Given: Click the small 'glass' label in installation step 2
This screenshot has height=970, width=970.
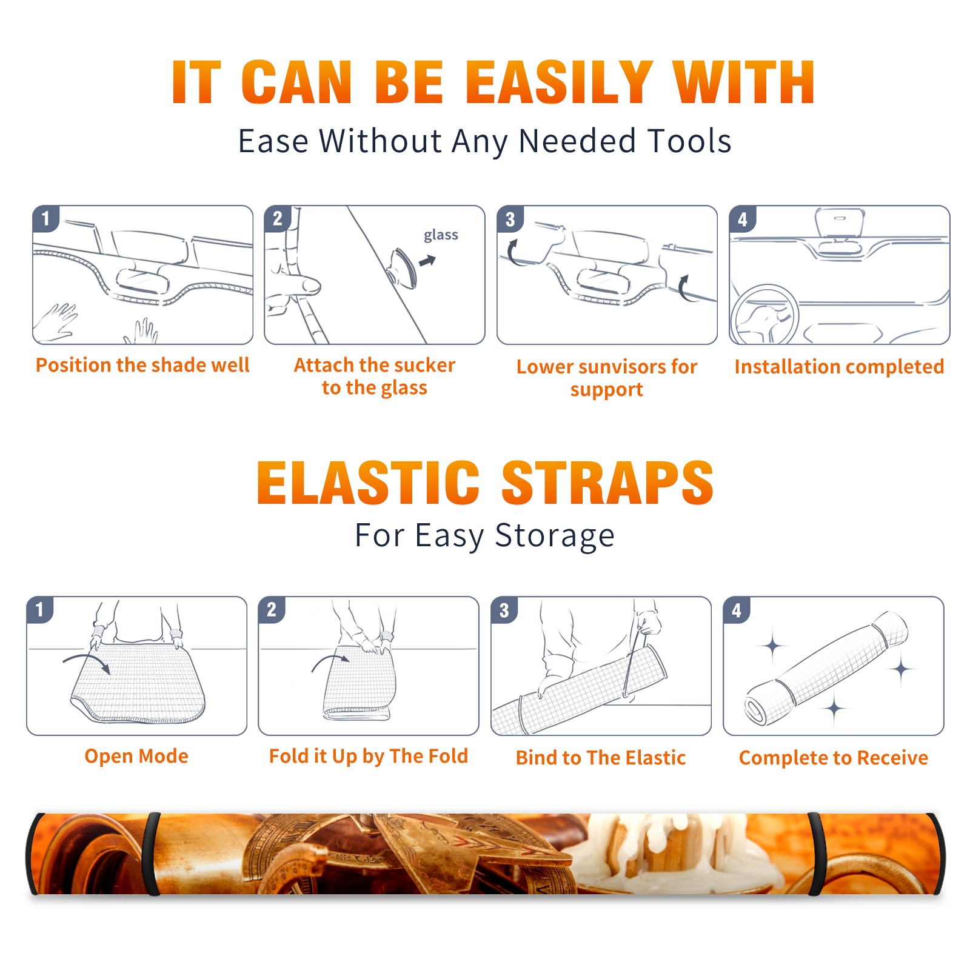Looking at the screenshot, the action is click(x=441, y=235).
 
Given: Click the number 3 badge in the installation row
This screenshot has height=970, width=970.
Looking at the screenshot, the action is click(x=510, y=219).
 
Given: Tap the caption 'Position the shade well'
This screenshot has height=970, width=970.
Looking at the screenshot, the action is click(x=142, y=365).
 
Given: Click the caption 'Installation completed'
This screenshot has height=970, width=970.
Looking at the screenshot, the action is click(x=839, y=367).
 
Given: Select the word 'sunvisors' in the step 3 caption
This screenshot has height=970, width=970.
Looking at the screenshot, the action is click(x=621, y=367).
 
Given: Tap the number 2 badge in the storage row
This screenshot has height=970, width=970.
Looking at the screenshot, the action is click(x=272, y=609).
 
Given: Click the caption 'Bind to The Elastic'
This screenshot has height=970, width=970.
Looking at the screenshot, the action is click(x=601, y=758).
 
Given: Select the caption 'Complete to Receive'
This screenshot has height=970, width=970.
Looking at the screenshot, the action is click(x=834, y=758).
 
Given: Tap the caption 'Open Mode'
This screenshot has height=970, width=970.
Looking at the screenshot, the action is click(x=136, y=756).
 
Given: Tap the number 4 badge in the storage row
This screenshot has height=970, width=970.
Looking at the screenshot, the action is click(x=737, y=610).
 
